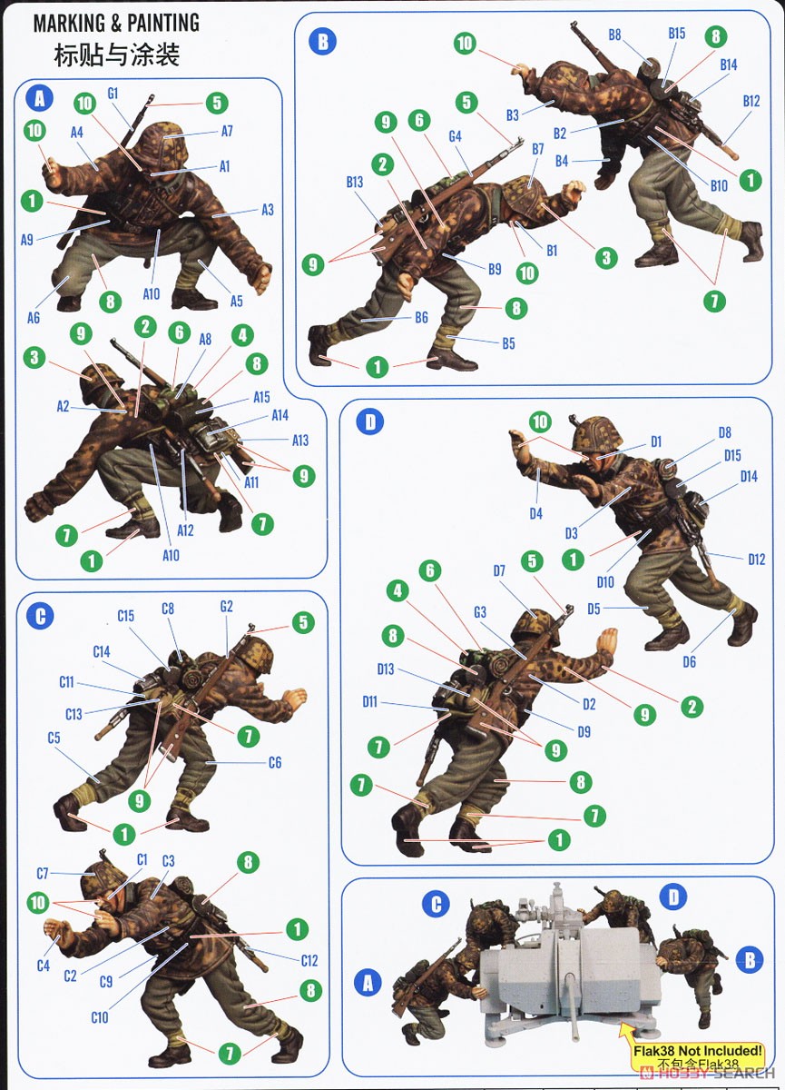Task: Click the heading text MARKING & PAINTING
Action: point(116,23)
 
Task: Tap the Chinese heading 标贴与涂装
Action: point(117,54)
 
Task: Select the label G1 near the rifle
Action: point(113,94)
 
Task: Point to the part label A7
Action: point(227,131)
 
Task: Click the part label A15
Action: point(261,397)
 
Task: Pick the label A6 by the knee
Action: point(33,318)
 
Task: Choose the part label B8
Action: point(614,35)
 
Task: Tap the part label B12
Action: point(751,101)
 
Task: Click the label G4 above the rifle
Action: point(455,136)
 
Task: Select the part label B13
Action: point(354,182)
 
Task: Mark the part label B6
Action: point(421,318)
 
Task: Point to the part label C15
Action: point(125,616)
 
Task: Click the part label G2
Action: point(227,607)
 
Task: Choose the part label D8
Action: point(724,432)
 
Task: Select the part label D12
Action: point(756,560)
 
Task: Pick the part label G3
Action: point(480,612)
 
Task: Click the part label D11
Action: point(369,701)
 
